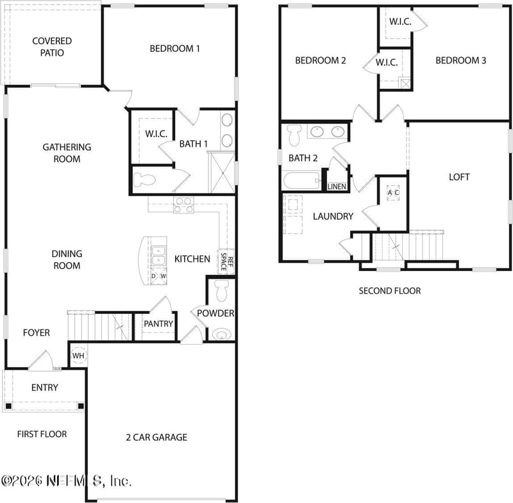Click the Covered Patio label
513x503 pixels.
pos(52,47)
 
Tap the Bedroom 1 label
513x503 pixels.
pos(175,48)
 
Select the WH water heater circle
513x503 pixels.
pos(78,356)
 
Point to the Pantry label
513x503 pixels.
pos(158,324)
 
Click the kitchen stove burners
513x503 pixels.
pos(183,205)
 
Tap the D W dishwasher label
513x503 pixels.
pos(158,276)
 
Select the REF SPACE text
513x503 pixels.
pos(228,261)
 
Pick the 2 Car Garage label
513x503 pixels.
pos(156,437)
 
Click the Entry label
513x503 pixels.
pos(45,388)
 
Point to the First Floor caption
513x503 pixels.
pos(42,434)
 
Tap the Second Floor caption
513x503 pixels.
pos(390,291)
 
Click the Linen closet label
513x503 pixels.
pos(337,186)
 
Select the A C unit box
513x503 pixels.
pos(393,193)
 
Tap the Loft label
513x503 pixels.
pos(459,177)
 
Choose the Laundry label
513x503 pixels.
pos(333,217)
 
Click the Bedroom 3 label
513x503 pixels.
pos(460,61)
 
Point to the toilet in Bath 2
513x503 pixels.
pos(295,134)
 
